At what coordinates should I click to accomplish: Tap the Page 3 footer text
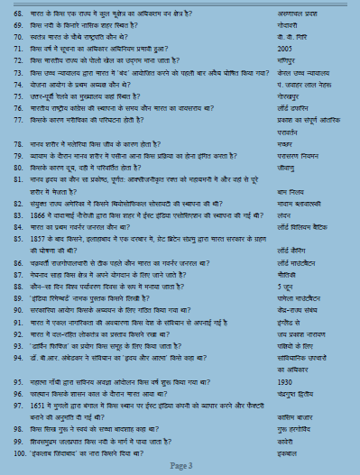[x=179, y=463]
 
